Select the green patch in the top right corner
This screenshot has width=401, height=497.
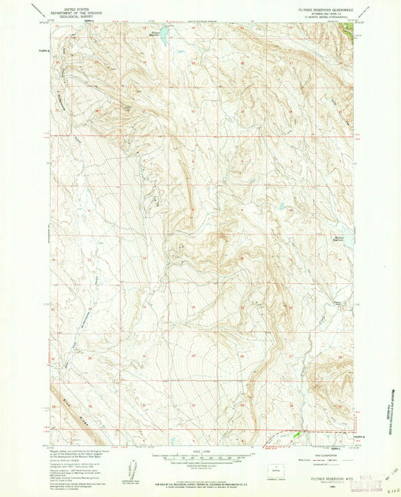point(347,30)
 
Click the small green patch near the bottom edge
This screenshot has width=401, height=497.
point(296,434)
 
